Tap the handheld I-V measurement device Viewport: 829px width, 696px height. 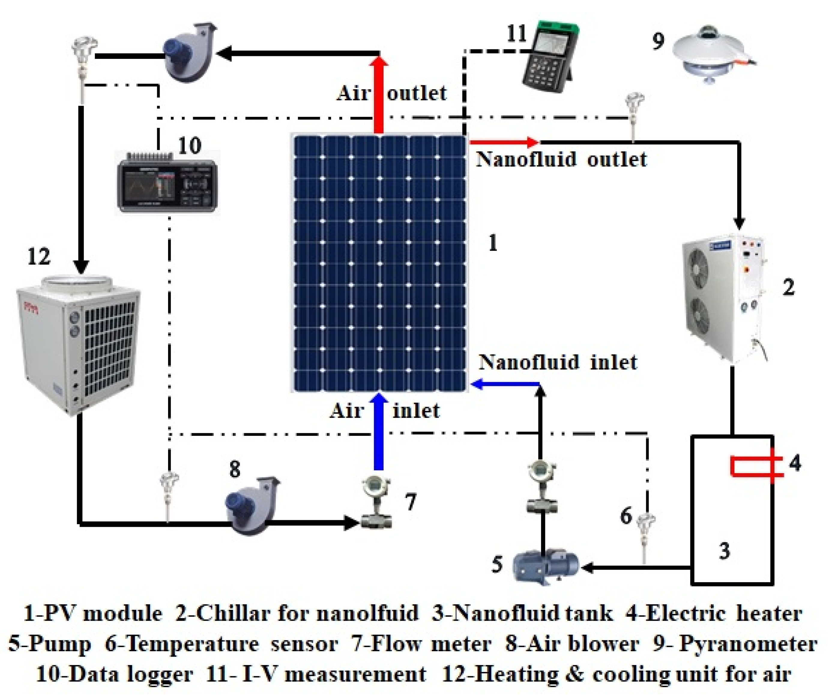click(549, 57)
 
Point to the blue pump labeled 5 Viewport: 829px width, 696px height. click(545, 568)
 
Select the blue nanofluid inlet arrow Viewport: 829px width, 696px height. click(505, 384)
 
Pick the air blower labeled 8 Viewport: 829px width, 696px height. click(249, 508)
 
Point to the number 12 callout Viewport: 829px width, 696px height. click(39, 257)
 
